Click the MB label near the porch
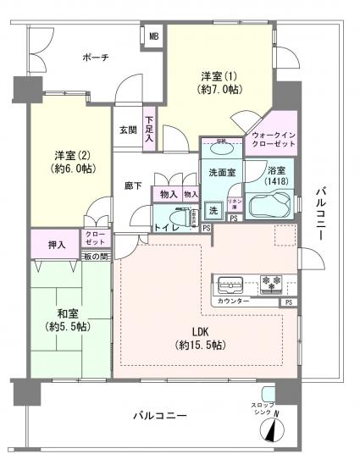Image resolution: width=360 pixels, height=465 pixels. coord(153,36)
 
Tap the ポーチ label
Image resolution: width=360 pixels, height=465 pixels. coord(95,58)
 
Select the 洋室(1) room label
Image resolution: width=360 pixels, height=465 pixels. coord(219,80)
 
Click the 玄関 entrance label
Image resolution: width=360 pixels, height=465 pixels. coord(126,130)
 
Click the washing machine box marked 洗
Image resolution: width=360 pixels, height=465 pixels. coord(213,210)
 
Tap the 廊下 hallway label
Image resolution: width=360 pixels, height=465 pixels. coord(132,185)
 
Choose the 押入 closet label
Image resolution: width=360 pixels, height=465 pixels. coord(58,244)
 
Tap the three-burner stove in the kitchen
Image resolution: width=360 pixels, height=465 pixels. coord(272,284)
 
